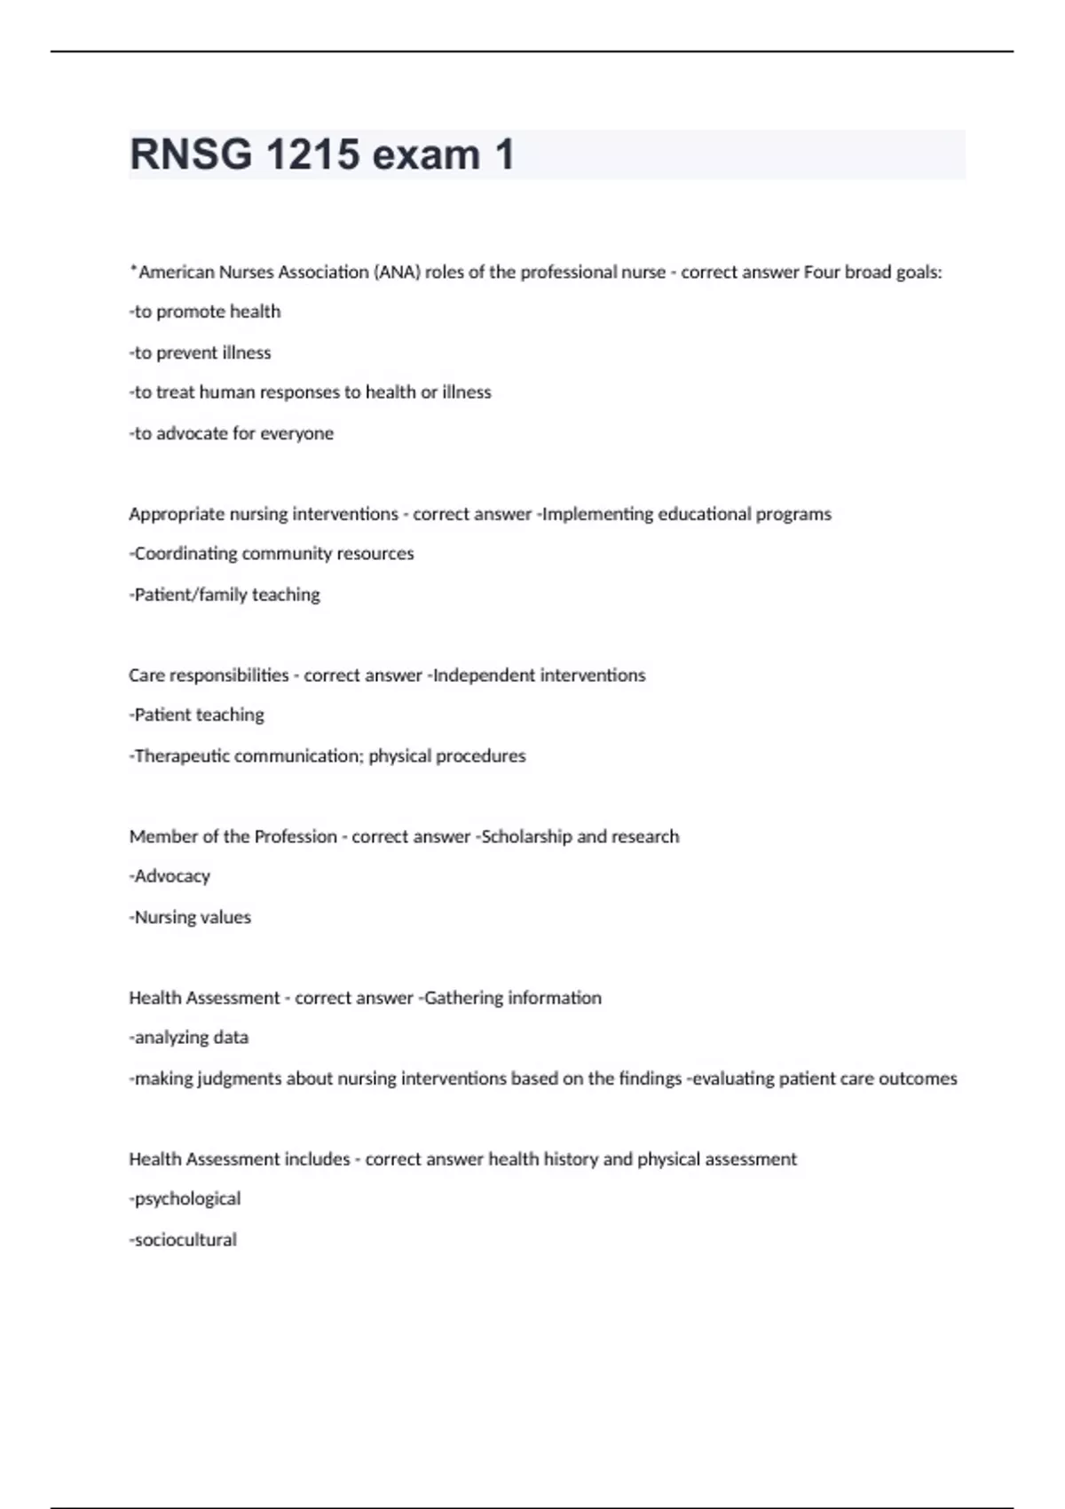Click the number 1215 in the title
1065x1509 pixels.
312,154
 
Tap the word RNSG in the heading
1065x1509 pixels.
190,154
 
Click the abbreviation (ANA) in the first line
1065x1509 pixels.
398,273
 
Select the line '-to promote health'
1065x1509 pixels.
205,312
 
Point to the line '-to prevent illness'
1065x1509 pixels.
200,352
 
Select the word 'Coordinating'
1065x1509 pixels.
185,554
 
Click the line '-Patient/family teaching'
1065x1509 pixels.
225,595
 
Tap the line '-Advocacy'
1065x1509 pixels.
170,876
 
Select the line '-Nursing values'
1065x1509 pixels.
190,917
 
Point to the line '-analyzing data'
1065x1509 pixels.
189,1038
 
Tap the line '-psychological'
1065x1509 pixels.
185,1199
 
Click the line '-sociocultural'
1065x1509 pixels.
183,1240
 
